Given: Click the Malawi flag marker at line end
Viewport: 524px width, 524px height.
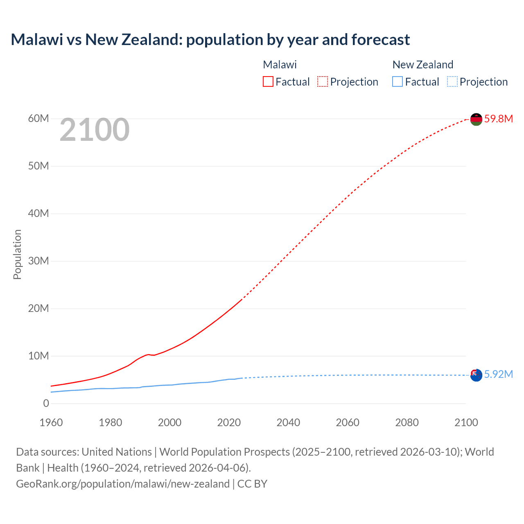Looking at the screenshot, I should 476,119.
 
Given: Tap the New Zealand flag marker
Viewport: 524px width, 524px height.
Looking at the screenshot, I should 476,375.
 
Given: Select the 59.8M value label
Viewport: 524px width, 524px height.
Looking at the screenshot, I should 499,119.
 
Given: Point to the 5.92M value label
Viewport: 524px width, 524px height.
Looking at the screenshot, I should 499,375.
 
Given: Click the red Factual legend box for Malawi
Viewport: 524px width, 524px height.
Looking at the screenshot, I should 268,82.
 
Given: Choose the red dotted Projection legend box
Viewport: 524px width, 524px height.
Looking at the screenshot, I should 323,82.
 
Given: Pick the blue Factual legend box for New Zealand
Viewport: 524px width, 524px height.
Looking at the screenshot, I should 398,82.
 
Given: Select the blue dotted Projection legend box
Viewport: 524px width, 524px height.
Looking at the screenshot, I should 452,82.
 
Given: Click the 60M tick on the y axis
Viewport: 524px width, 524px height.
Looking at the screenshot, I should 38,119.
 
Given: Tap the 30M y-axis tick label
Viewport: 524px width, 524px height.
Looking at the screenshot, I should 38,261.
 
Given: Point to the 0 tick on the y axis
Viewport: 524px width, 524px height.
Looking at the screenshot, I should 46,404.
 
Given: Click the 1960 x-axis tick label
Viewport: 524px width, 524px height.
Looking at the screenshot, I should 51,422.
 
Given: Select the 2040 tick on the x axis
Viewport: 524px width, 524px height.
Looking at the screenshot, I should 288,422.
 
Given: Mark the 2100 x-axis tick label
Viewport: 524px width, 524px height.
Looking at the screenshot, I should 466,422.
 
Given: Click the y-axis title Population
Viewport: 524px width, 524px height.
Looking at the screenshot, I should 17,254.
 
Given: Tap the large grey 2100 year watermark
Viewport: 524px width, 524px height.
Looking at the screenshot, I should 95,130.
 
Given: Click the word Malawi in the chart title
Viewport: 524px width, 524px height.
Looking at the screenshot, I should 37,40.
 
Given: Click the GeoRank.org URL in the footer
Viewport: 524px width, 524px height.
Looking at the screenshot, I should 123,484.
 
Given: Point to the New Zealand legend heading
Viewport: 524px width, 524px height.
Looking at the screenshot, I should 423,65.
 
